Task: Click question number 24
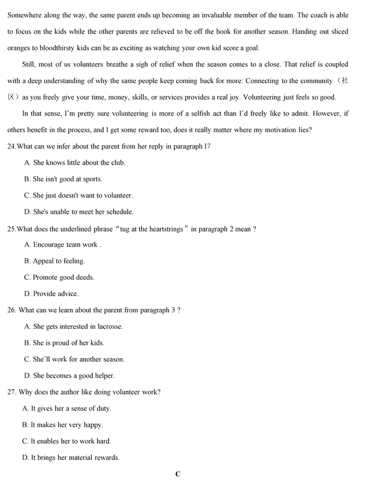(x=12, y=146)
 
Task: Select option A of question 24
(x=74, y=163)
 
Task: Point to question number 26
(x=12, y=310)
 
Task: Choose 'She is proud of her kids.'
(x=63, y=343)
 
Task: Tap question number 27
(x=12, y=392)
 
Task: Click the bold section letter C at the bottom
(x=178, y=474)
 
